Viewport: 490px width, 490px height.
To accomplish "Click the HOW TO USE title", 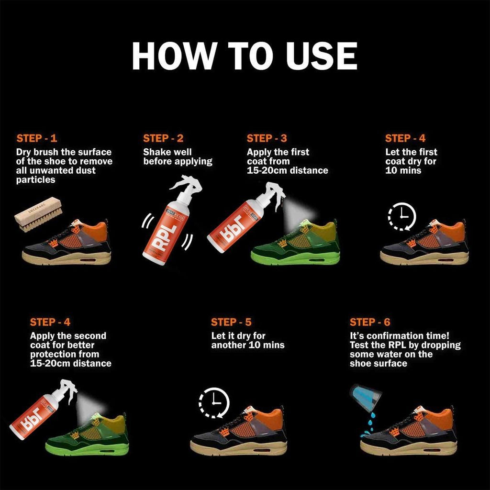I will pyautogui.click(x=245, y=56).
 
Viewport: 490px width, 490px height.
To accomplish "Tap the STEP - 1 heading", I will pyautogui.click(x=36, y=138).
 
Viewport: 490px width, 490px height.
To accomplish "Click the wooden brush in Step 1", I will pyautogui.click(x=38, y=213).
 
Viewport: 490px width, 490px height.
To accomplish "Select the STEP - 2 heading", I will pyautogui.click(x=163, y=138).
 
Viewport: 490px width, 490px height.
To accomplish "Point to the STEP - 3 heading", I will pyautogui.click(x=267, y=138).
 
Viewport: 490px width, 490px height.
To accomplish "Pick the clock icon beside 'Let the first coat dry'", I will pyautogui.click(x=402, y=217).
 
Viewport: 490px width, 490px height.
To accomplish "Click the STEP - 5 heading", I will pyautogui.click(x=231, y=322).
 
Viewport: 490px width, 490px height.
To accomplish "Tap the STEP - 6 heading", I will pyautogui.click(x=370, y=322).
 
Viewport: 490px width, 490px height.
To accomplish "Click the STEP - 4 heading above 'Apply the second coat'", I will pyautogui.click(x=50, y=322).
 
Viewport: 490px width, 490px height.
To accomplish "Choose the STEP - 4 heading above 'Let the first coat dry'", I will pyautogui.click(x=405, y=138).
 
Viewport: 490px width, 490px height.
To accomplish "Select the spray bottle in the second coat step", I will pyautogui.click(x=41, y=407).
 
